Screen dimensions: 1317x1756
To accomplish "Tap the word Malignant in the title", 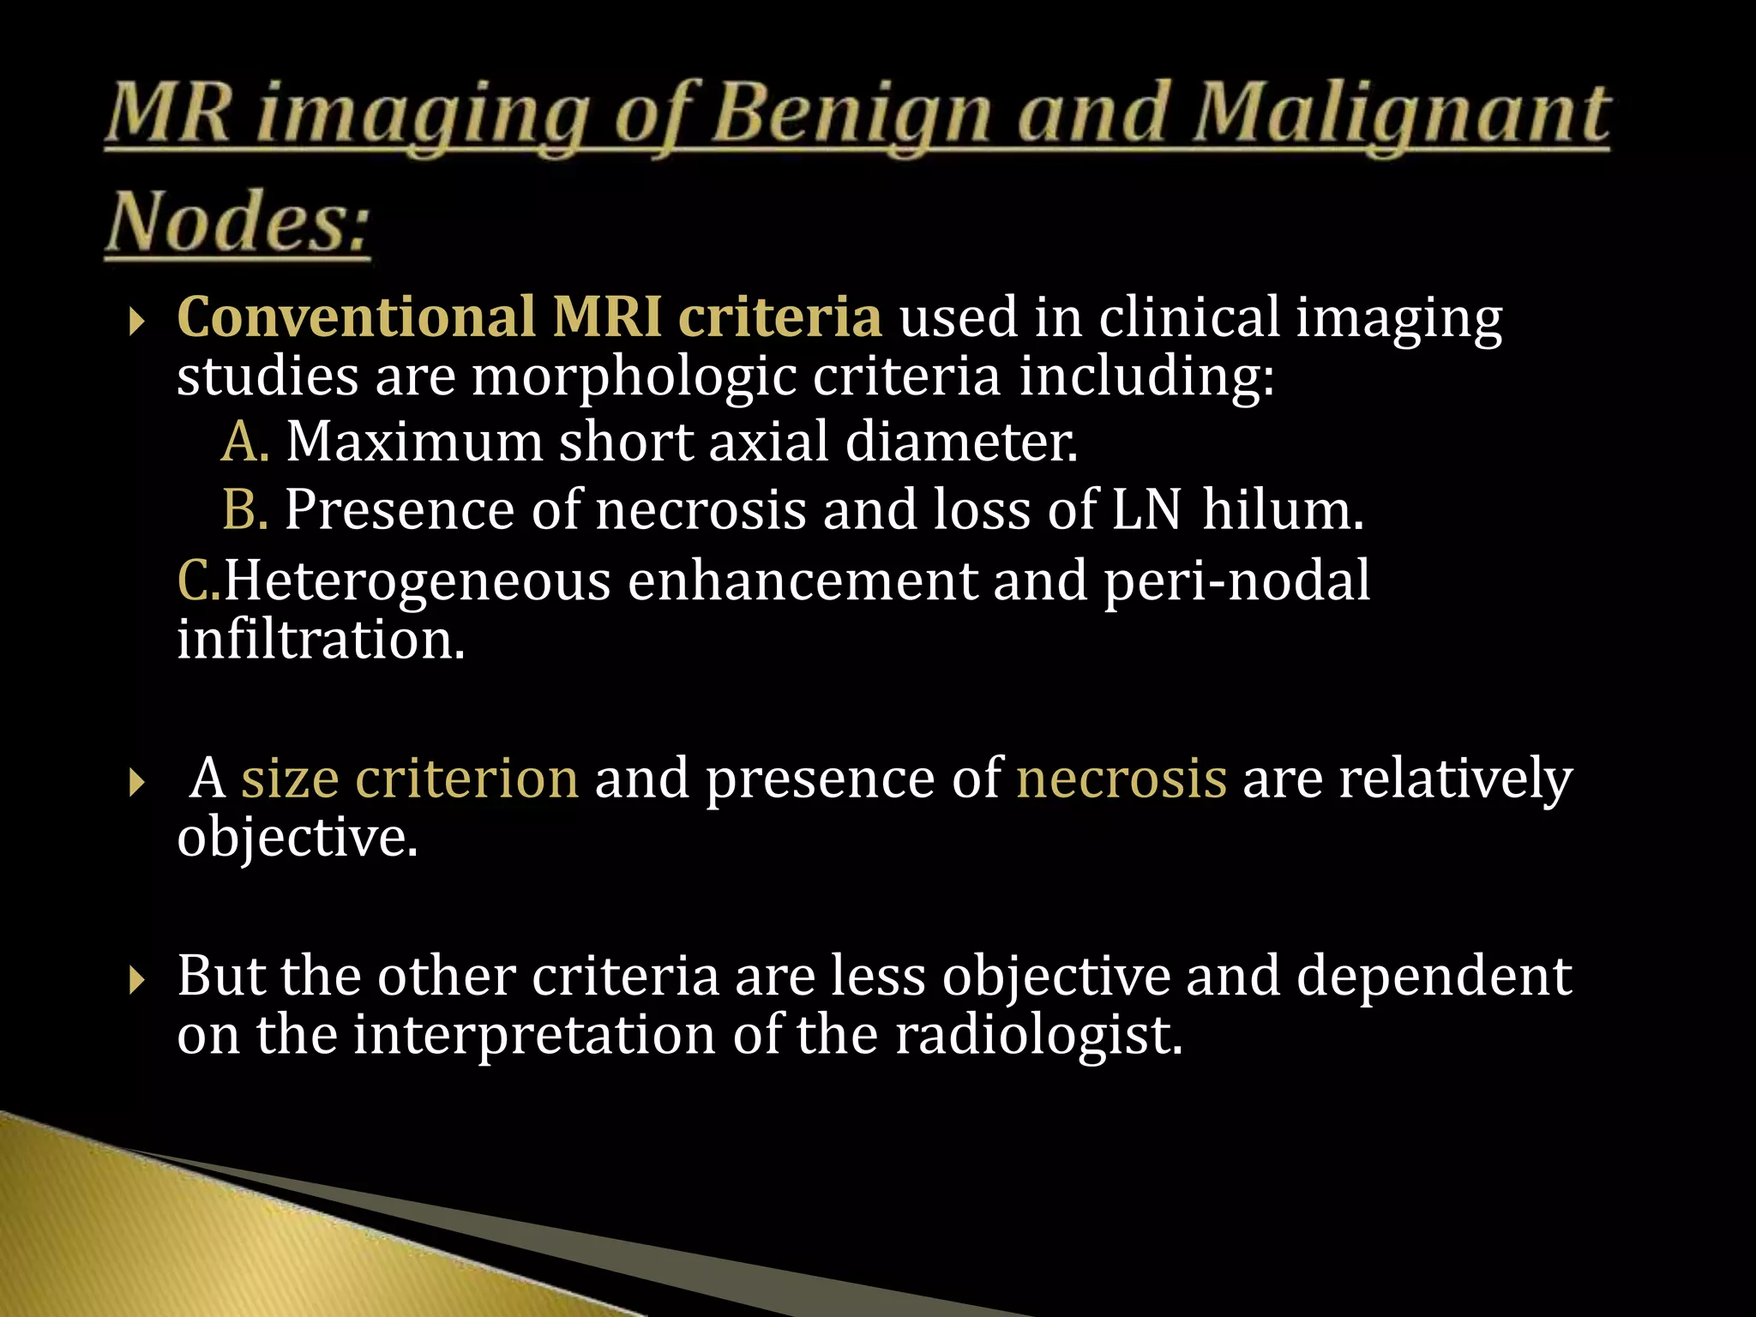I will [1403, 117].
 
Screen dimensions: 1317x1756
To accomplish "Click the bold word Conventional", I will [356, 316].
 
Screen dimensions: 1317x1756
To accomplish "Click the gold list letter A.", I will [244, 442].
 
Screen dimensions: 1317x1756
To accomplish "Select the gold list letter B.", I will [244, 509].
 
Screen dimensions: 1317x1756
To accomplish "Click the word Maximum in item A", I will [414, 442].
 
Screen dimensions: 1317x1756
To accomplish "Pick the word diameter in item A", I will [960, 442].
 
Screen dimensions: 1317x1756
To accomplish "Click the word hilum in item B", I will [1282, 509].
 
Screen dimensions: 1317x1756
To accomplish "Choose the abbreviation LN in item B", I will [1146, 509].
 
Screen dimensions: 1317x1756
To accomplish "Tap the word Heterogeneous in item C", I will [417, 580].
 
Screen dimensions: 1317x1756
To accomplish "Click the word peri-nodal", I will [1236, 580].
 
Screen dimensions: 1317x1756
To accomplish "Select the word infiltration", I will [321, 639].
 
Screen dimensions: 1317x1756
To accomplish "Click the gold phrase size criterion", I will [410, 778].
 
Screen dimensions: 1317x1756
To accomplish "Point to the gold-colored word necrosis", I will [1122, 778].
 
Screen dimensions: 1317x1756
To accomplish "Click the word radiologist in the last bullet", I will [1038, 1034].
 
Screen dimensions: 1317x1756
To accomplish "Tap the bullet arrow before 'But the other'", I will [136, 978].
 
